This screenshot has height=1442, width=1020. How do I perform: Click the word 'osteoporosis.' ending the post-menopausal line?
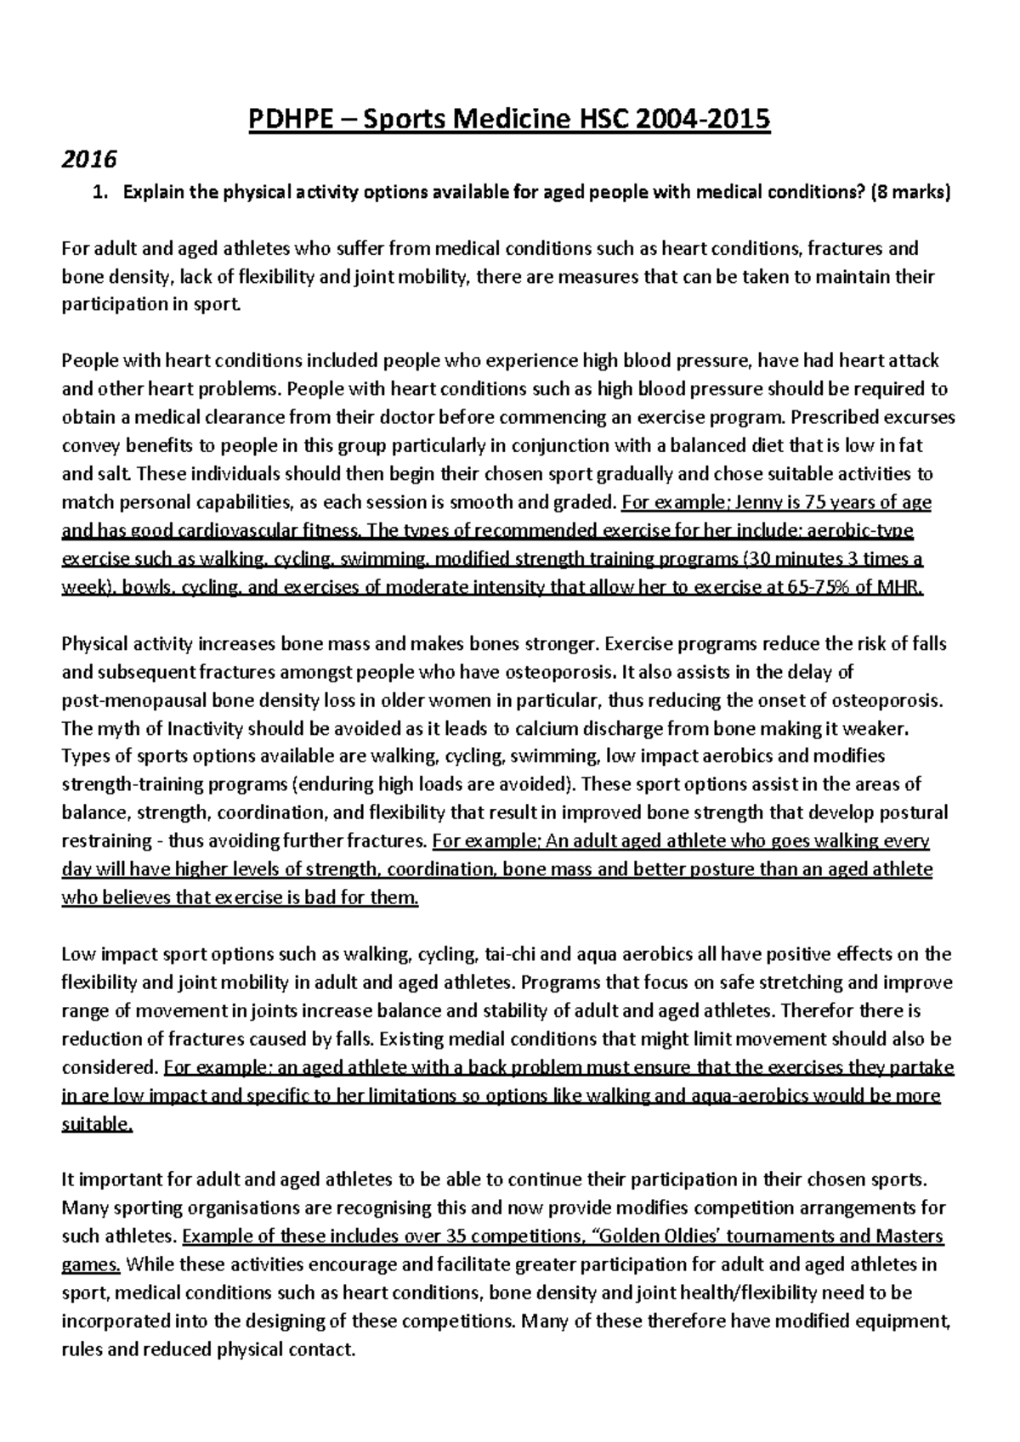tap(893, 700)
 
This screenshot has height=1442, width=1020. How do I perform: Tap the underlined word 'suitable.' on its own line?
tap(98, 1123)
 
